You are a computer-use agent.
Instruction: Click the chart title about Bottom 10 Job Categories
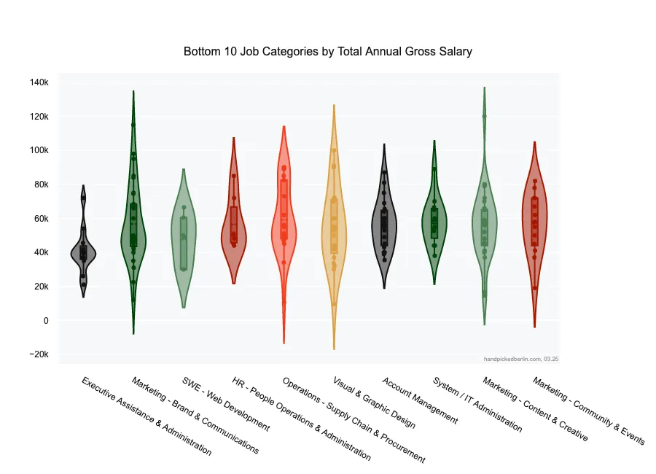coord(328,52)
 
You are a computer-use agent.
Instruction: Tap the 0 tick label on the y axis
coord(45,320)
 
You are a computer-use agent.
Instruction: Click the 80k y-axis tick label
coord(40,184)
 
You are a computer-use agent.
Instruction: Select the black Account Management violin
coord(384,226)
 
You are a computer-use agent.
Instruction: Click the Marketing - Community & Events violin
coord(534,219)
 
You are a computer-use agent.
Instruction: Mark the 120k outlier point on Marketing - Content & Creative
coord(484,116)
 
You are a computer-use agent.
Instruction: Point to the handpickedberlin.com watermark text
coord(520,359)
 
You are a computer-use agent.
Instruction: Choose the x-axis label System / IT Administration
coord(477,405)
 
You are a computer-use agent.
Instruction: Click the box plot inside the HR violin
coord(234,224)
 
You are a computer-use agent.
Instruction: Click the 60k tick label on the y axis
coord(40,218)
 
